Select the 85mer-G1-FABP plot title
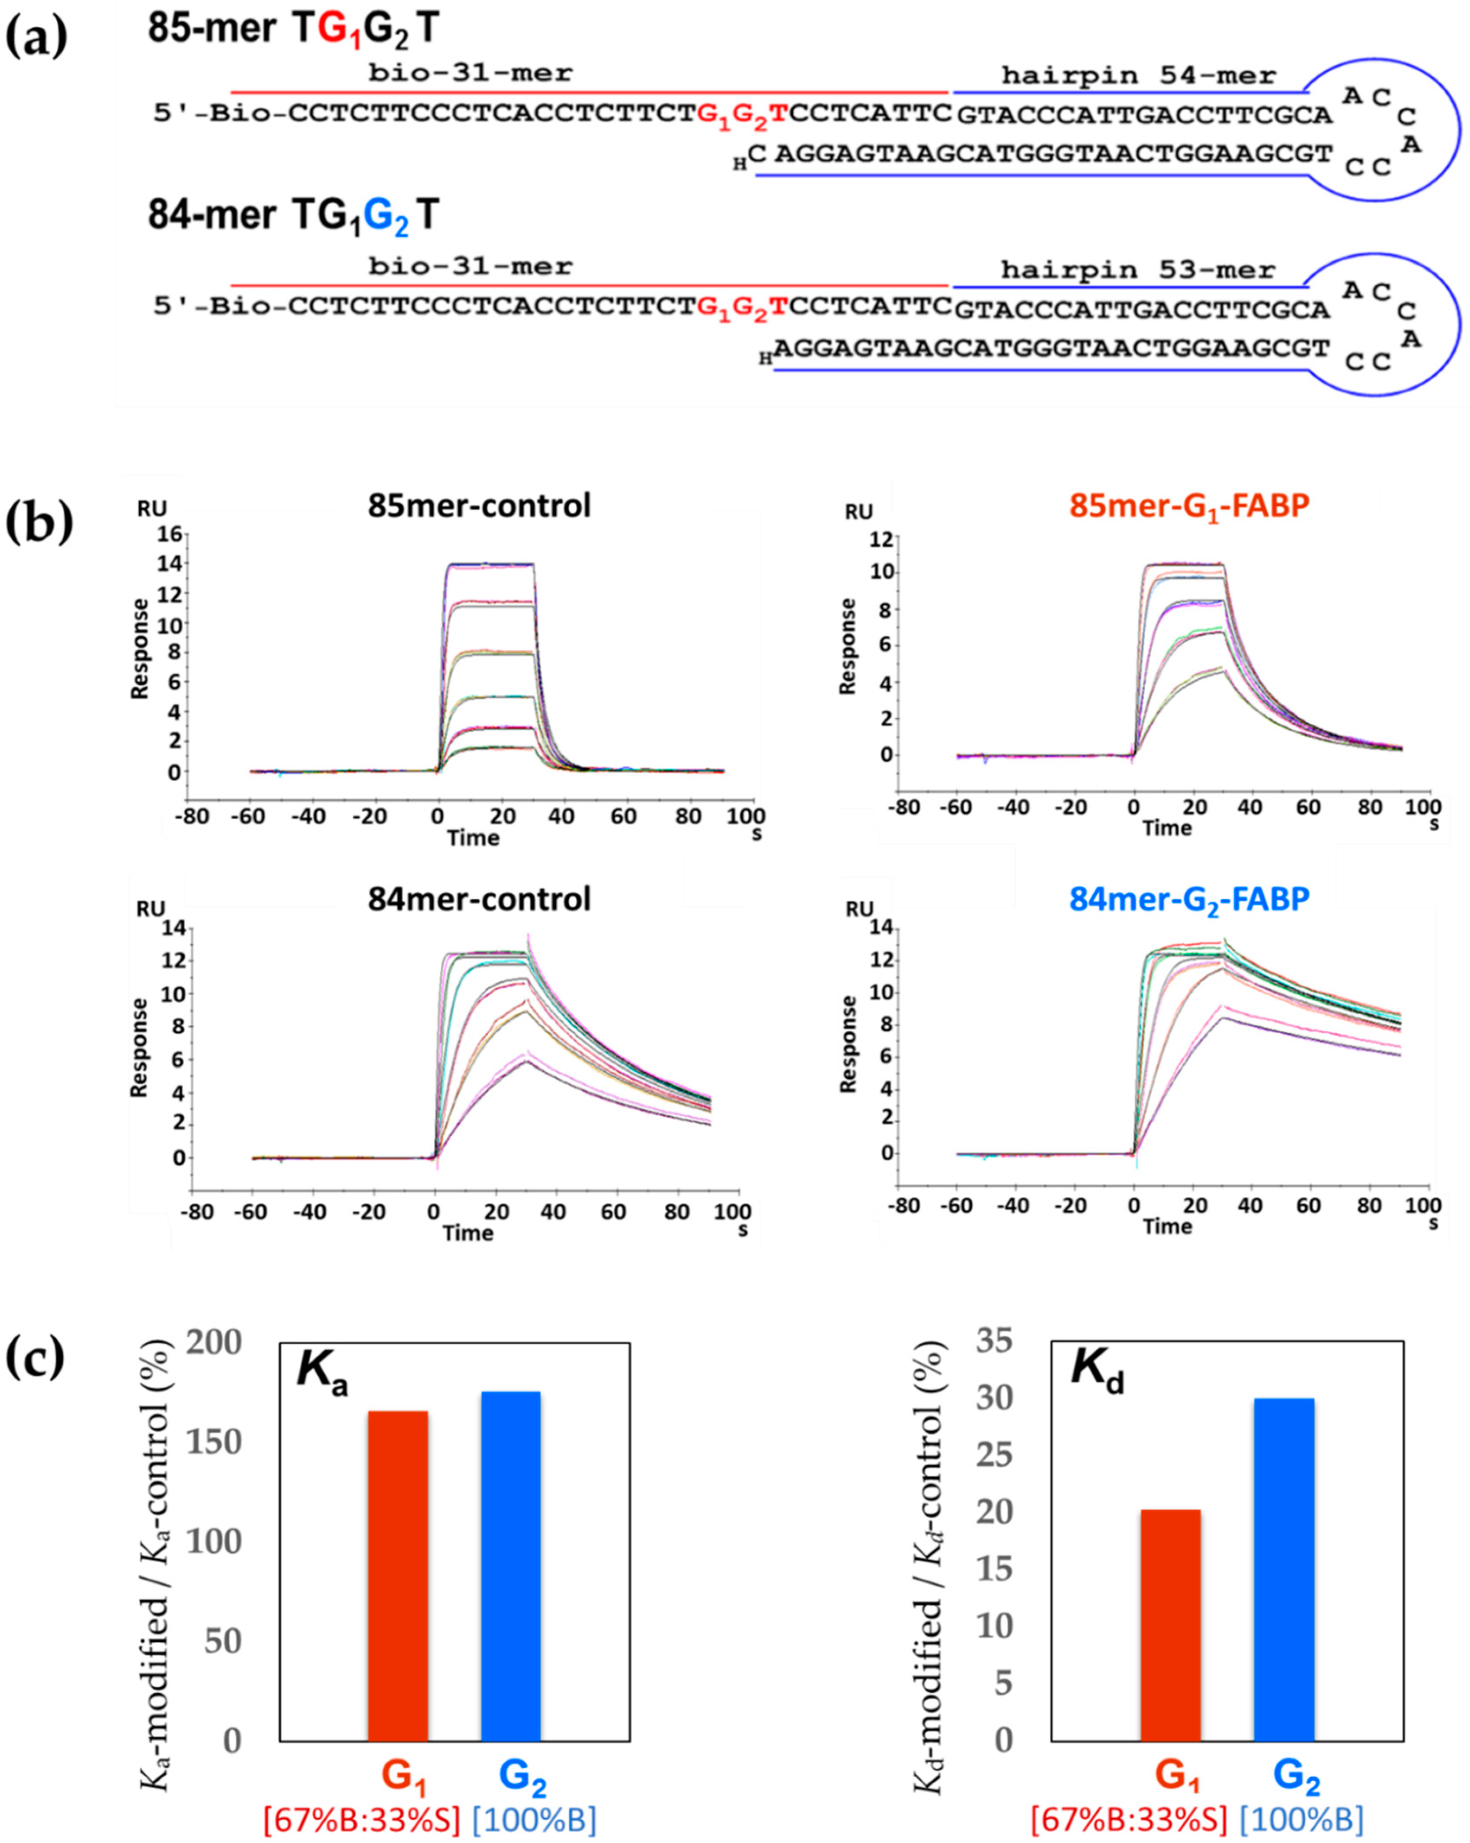(x=1189, y=506)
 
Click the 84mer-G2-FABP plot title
(x=1189, y=899)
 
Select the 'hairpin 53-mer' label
(x=1137, y=270)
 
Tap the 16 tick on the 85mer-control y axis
(x=167, y=534)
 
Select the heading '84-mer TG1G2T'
(x=293, y=215)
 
